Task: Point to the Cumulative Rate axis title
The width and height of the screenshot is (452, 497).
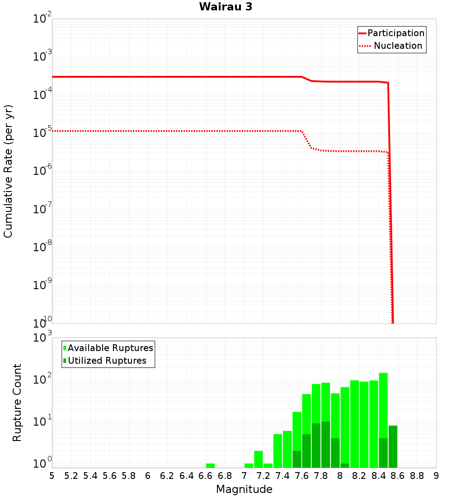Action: coord(8,171)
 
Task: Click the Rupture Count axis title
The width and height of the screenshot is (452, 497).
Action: coord(17,402)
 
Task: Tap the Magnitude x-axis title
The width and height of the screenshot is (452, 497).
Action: coord(244,489)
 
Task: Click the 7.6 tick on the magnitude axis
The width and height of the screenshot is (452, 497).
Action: coord(301,475)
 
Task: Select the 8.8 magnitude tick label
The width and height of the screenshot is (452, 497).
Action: coord(417,475)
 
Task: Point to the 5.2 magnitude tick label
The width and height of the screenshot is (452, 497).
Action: coord(71,475)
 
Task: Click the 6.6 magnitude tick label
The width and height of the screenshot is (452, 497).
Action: coord(206,475)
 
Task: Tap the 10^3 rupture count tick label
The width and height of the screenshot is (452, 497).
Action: coord(43,337)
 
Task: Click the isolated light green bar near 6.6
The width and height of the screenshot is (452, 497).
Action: coord(210,465)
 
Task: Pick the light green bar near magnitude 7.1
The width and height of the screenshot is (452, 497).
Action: coord(258,459)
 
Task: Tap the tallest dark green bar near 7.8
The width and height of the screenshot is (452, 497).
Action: coord(325,445)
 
